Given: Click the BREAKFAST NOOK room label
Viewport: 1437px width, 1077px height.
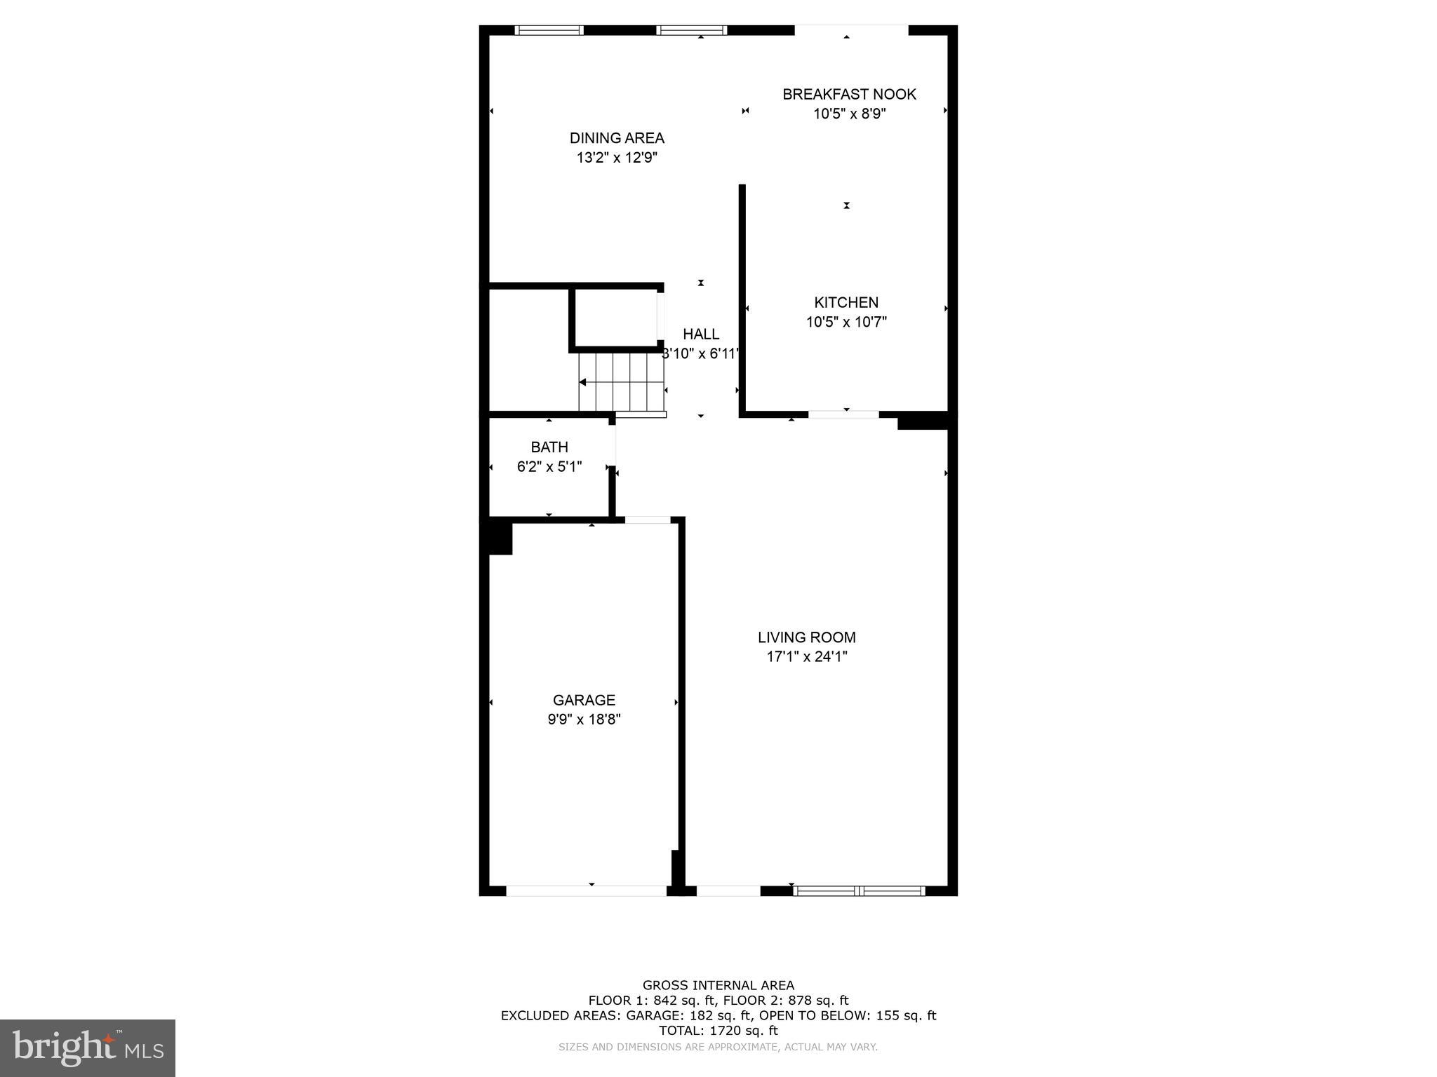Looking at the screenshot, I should [x=849, y=94].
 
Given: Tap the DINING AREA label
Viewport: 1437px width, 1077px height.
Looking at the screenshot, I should [x=617, y=138].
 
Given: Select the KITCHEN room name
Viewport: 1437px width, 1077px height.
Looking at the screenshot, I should [x=846, y=302].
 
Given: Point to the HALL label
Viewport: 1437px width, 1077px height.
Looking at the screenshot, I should [x=701, y=334].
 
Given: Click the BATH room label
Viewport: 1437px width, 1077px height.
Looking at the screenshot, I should [x=549, y=447].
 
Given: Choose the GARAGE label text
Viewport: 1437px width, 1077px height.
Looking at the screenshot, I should [x=584, y=700].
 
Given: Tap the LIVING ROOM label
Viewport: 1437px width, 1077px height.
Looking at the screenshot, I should [x=807, y=637].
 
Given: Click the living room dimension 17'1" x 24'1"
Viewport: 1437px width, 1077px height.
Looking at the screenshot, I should [x=807, y=657].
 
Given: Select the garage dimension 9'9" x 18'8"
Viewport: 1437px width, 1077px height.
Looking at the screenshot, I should [x=584, y=719].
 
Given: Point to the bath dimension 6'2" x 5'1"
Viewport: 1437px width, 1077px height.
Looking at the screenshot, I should [x=549, y=466].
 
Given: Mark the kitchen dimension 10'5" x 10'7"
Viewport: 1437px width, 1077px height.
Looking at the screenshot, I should [x=846, y=322].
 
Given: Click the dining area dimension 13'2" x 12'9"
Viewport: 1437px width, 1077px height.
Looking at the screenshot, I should [x=617, y=158].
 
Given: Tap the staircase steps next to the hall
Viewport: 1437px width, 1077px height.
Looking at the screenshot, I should [x=621, y=382].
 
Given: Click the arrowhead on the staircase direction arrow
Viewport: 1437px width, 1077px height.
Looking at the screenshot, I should [x=582, y=382].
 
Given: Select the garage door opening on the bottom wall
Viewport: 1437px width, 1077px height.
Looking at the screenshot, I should [x=586, y=890].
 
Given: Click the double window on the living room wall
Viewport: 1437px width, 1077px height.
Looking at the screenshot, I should [x=859, y=890].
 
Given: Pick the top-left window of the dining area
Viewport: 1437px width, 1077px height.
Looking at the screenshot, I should [x=549, y=30].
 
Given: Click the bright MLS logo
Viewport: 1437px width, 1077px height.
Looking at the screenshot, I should [x=88, y=1048].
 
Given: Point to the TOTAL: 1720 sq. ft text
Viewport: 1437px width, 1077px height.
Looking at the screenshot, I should [x=718, y=1031].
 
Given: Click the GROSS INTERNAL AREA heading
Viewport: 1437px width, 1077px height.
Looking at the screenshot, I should [x=718, y=985].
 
